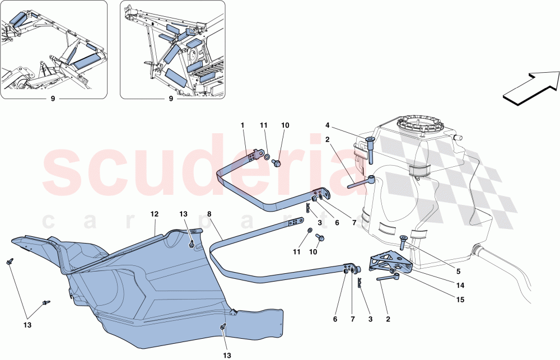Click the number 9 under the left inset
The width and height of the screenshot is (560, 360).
tap(53, 100)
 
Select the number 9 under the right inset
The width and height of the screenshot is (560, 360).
tap(172, 100)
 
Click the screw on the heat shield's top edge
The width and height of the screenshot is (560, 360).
tap(192, 244)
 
